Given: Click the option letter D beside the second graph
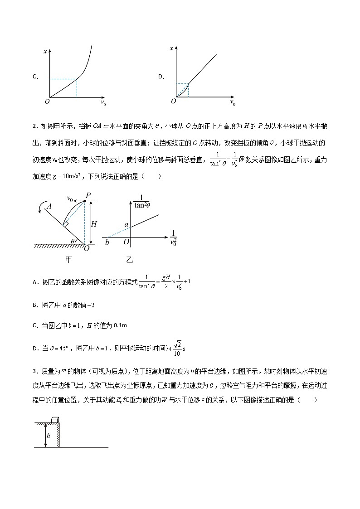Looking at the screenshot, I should (161, 77).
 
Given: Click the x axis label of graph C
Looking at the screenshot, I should (45, 51).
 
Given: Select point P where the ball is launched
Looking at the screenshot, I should (89, 195).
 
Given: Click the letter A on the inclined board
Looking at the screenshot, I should (49, 205).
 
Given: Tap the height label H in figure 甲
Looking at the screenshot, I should (94, 223).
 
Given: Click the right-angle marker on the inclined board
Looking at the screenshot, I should (66, 224).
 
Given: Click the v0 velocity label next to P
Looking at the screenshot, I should (70, 198).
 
